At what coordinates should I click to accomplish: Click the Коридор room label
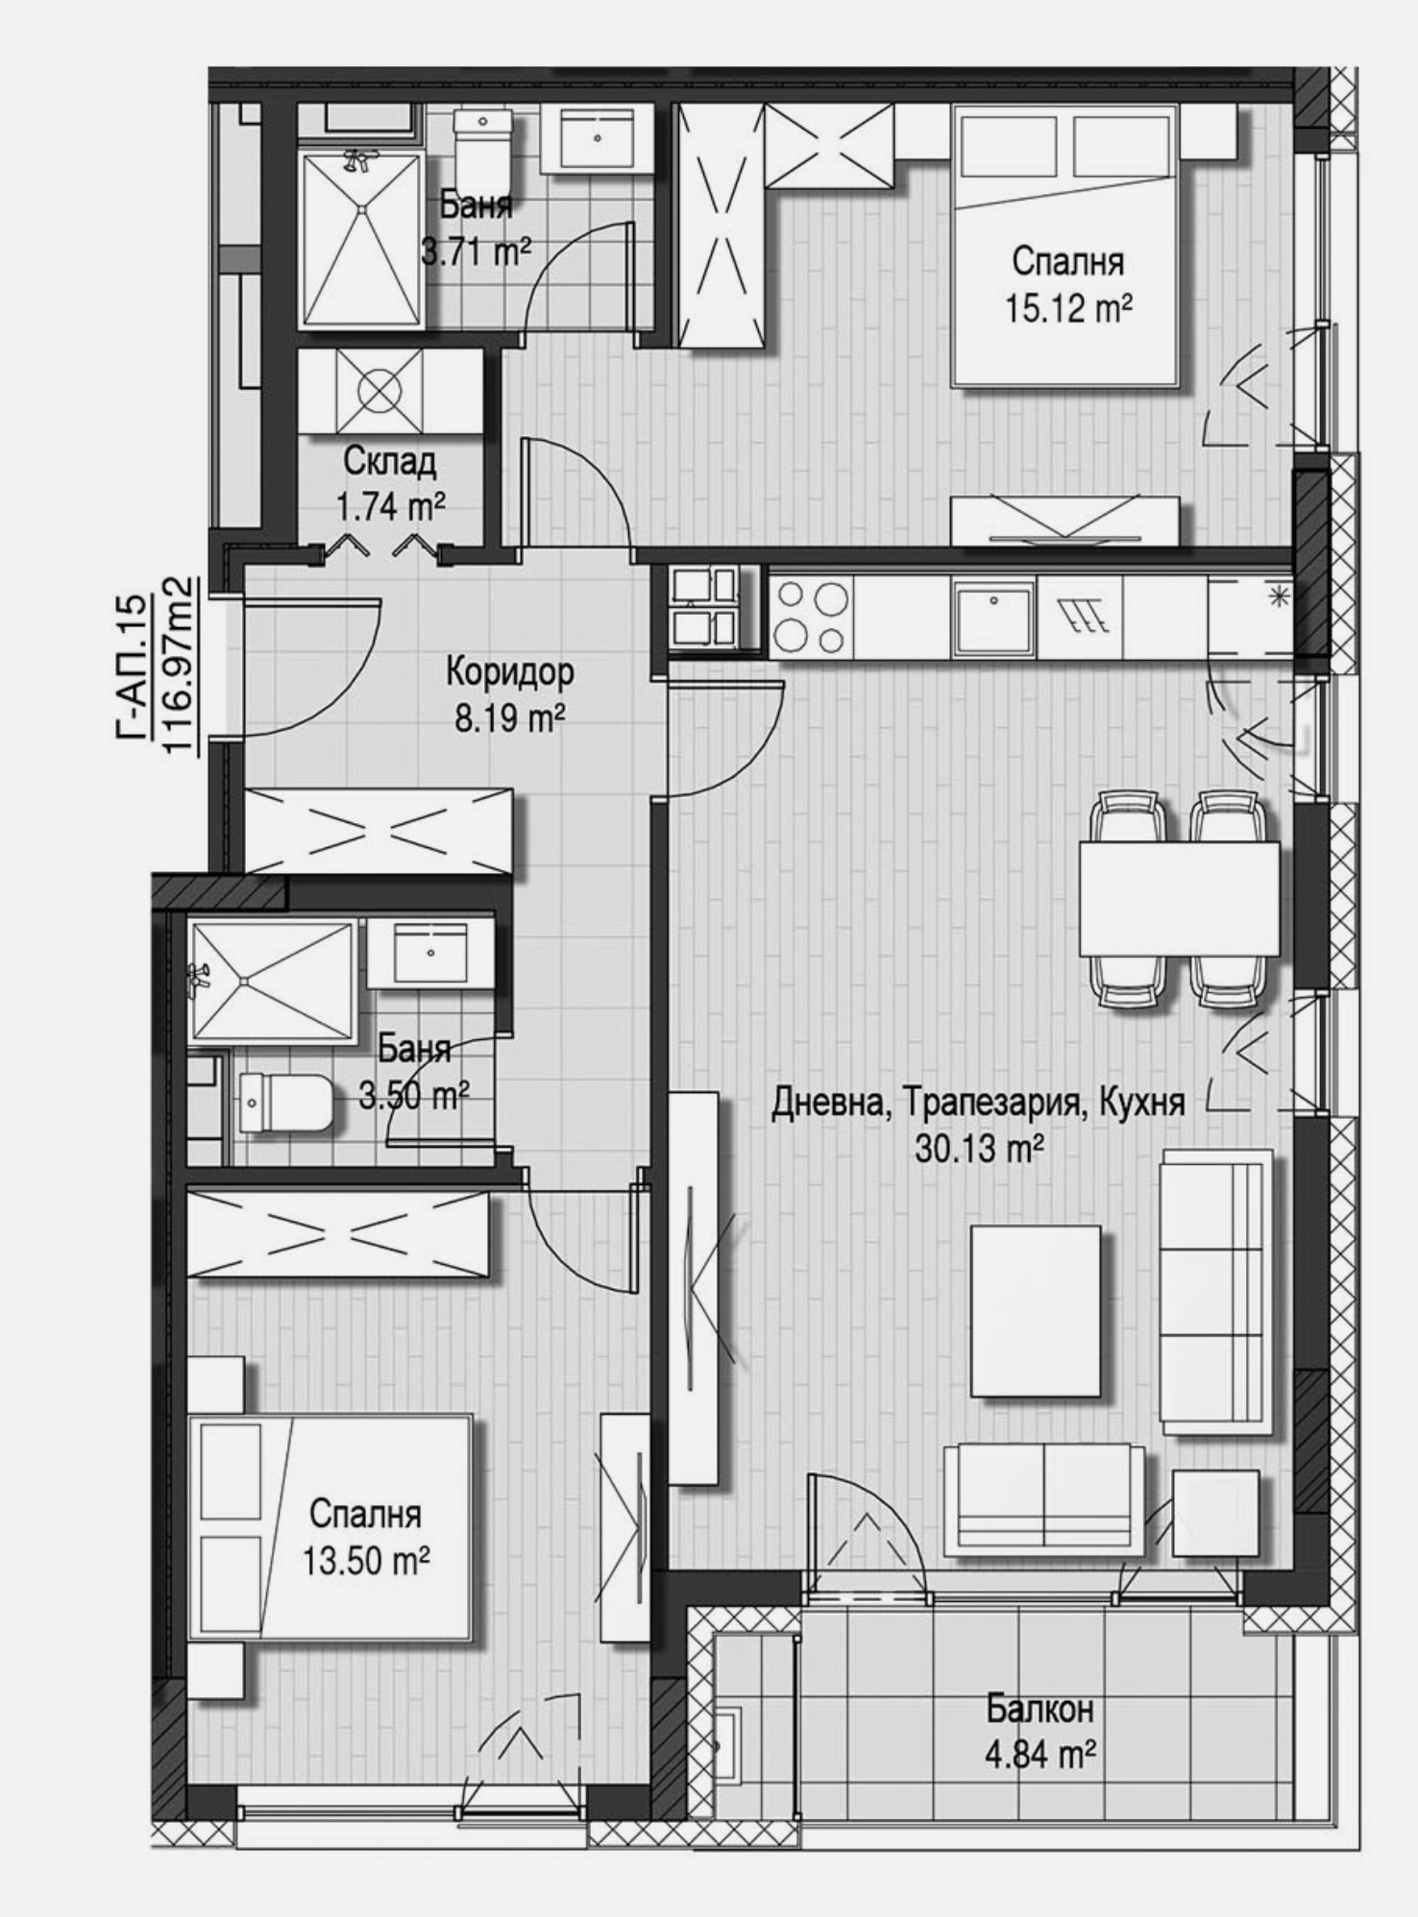click(509, 671)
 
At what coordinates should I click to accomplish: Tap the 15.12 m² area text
click(1067, 309)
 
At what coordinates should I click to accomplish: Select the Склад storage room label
click(389, 462)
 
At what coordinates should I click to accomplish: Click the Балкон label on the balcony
click(1039, 1710)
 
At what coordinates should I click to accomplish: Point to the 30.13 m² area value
click(979, 1149)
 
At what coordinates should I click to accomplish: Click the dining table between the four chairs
click(1179, 898)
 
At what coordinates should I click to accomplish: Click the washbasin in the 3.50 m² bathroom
click(429, 954)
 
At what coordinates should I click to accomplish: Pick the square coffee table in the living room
click(1035, 1311)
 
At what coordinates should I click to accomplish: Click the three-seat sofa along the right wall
click(1215, 1292)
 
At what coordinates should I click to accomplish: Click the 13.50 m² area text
click(365, 1561)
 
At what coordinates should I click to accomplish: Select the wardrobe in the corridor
click(379, 830)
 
